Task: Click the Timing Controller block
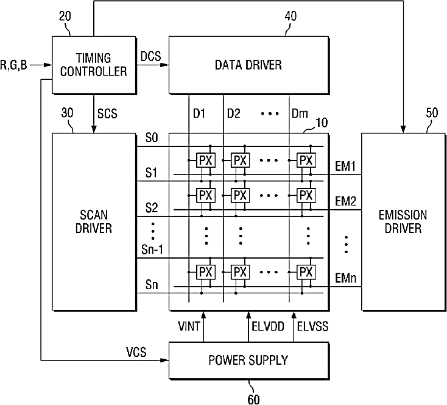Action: tap(94, 65)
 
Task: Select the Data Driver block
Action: tap(248, 65)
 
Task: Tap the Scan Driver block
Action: tap(94, 221)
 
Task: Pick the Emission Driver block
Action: tap(403, 221)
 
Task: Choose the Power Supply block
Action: tap(248, 360)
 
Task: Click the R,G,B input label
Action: tap(13, 65)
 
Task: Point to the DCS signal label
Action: tap(151, 56)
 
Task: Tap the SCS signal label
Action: tap(107, 113)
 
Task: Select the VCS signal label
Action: tap(136, 352)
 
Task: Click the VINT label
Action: tap(189, 326)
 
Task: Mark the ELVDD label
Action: tap(268, 326)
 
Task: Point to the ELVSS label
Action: tap(313, 326)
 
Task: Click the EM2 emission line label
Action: tap(345, 201)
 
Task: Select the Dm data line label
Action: tap(300, 113)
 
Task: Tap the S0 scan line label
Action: tap(152, 138)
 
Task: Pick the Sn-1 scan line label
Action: tap(152, 250)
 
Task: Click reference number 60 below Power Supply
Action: tap(253, 400)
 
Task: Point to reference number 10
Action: tap(322, 123)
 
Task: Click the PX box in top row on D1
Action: tap(206, 160)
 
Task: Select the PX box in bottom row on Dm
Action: tap(306, 272)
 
